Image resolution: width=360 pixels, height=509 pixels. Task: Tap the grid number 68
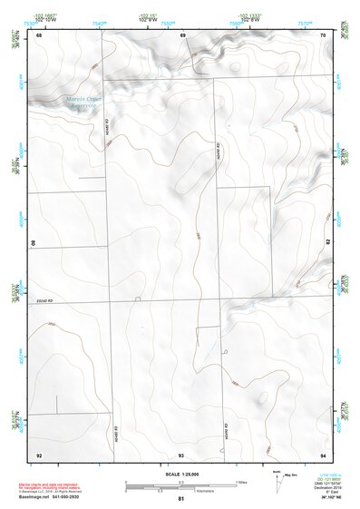pyautogui.click(x=39, y=34)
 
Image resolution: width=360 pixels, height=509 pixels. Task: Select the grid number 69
pyautogui.click(x=183, y=34)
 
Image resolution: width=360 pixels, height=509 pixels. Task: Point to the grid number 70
pyautogui.click(x=324, y=34)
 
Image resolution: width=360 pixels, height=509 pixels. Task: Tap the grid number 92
pyautogui.click(x=39, y=453)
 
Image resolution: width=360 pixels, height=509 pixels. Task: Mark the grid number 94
pyautogui.click(x=324, y=453)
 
